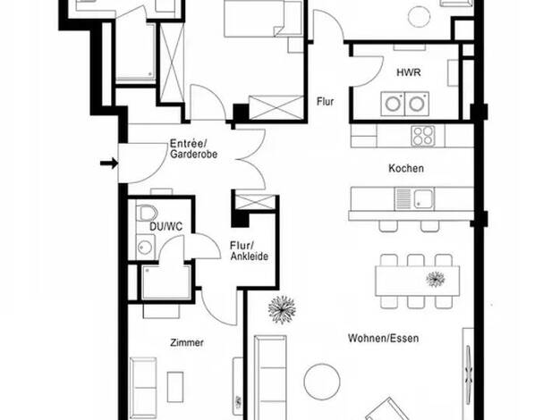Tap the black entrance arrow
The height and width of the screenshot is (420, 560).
[x=109, y=164]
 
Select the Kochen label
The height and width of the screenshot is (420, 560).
[x=406, y=168]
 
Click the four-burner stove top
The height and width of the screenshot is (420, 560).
[x=423, y=136]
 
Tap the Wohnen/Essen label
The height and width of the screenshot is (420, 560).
[x=383, y=338]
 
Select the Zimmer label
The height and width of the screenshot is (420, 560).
[x=187, y=342]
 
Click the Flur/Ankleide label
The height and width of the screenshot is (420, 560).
[x=249, y=251]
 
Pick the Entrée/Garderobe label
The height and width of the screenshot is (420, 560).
[x=193, y=149]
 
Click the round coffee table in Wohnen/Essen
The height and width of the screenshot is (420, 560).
[x=322, y=382]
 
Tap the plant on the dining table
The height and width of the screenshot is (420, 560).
[x=436, y=279]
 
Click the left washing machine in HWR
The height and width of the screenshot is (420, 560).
[x=393, y=104]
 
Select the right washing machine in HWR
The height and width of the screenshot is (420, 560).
[x=417, y=104]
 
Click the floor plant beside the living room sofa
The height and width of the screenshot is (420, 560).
[x=282, y=310]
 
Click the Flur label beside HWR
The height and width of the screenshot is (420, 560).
[x=325, y=102]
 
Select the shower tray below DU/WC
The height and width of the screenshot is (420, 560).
[x=166, y=282]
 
